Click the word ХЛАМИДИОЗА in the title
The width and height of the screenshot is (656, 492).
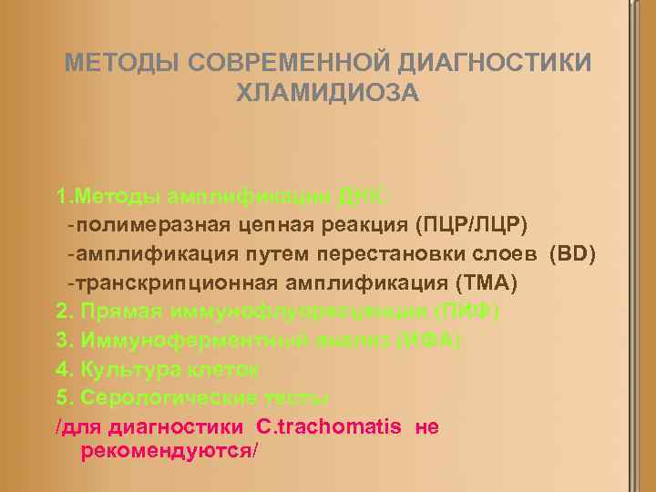[x=328, y=92]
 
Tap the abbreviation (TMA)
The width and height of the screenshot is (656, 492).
[x=485, y=283]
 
